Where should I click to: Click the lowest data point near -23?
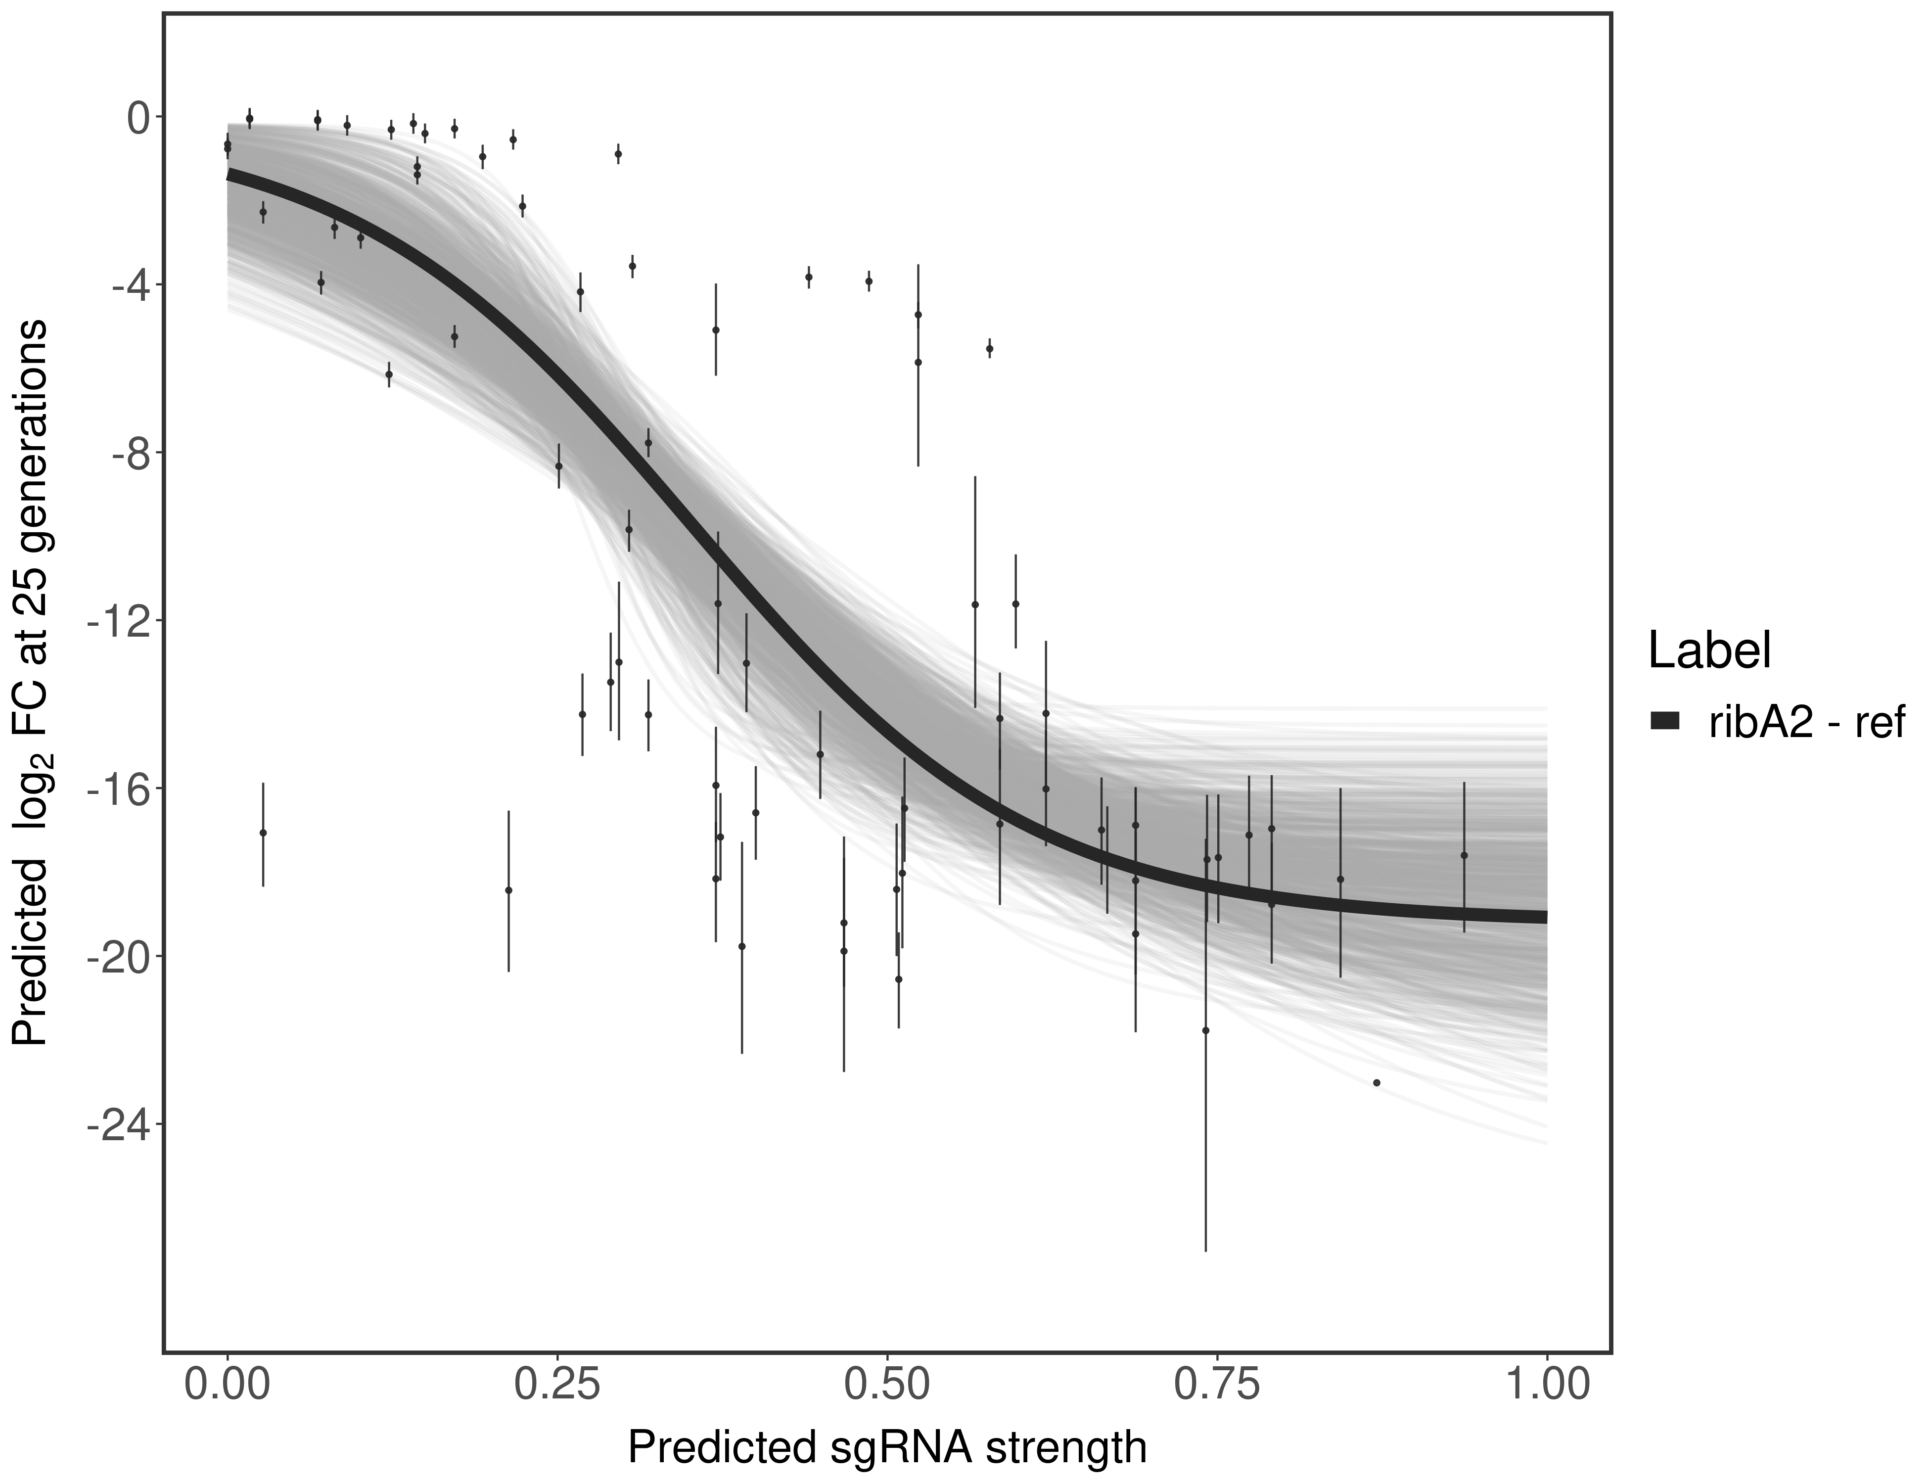coord(1376,1083)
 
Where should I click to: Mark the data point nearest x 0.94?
coord(1464,855)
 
